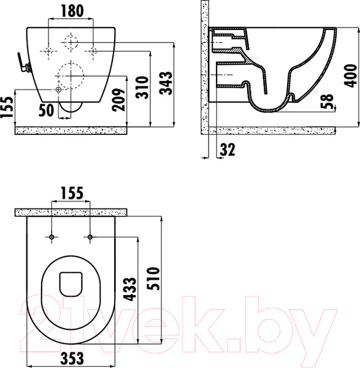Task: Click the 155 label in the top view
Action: (x=71, y=194)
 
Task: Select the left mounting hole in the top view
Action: (x=52, y=237)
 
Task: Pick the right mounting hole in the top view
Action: (x=90, y=237)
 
